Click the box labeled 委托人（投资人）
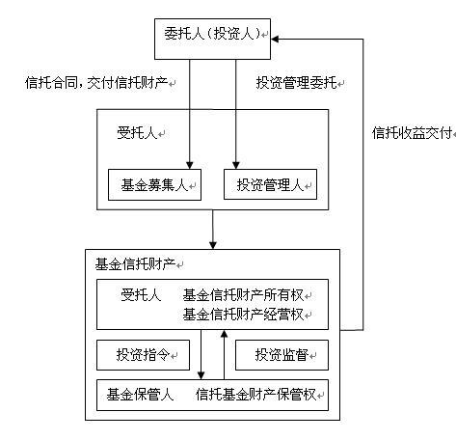click(212, 39)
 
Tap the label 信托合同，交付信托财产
click(96, 83)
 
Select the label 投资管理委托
click(296, 83)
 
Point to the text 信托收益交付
click(412, 133)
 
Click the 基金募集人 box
click(154, 185)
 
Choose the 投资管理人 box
click(270, 184)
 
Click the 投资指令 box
click(143, 355)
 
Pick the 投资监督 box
click(282, 355)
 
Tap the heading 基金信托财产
click(135, 264)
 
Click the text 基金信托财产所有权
click(243, 295)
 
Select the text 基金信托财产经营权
click(243, 315)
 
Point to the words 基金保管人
click(140, 395)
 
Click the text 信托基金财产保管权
click(256, 395)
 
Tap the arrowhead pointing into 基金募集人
click(190, 165)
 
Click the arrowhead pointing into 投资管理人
click(236, 165)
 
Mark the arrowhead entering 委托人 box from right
click(275, 40)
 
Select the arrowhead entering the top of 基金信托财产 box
click(213, 245)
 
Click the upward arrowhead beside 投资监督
click(225, 334)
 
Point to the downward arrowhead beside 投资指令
click(201, 375)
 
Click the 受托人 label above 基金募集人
click(137, 133)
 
